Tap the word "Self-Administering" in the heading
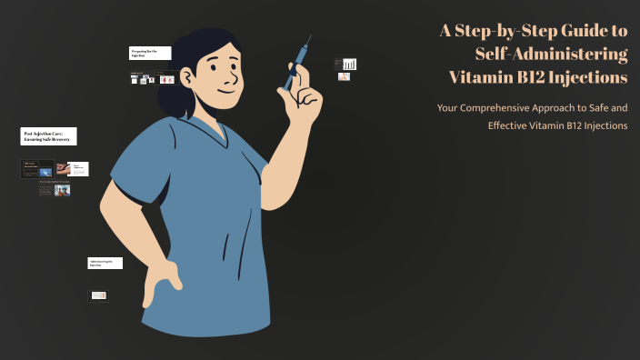551,54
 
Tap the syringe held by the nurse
296,64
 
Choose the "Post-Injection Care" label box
49,136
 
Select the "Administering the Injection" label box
105,263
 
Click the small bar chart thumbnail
349,64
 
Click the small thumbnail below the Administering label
98,295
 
